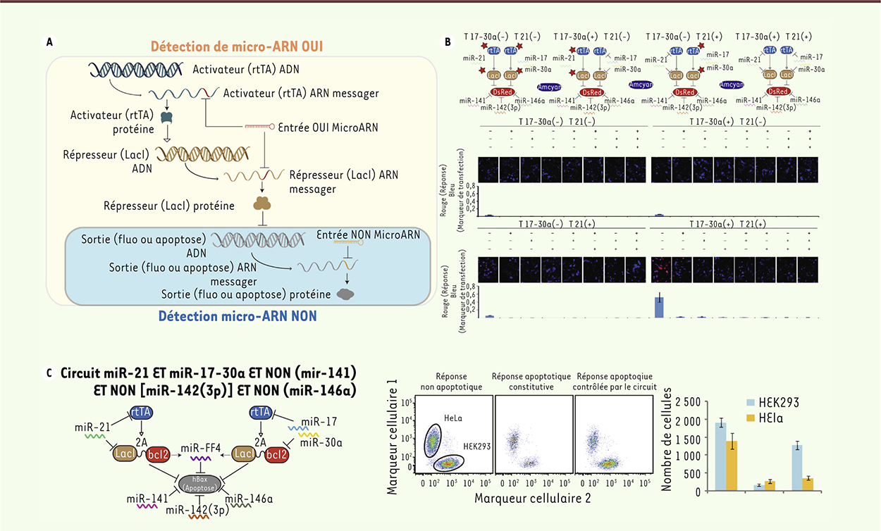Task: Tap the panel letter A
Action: pos(49,42)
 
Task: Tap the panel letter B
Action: pos(448,42)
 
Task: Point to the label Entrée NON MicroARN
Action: pos(369,235)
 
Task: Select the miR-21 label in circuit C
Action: pos(91,427)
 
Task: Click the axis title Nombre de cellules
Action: pos(669,444)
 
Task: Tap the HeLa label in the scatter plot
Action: pos(453,420)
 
